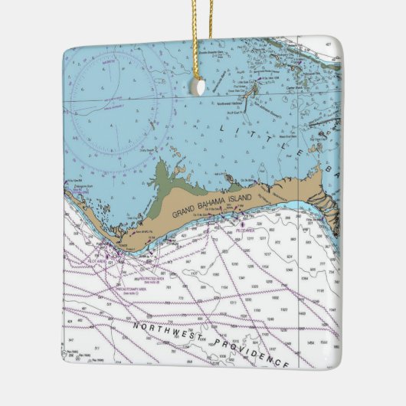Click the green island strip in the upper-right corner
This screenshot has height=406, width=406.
coord(322,61)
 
